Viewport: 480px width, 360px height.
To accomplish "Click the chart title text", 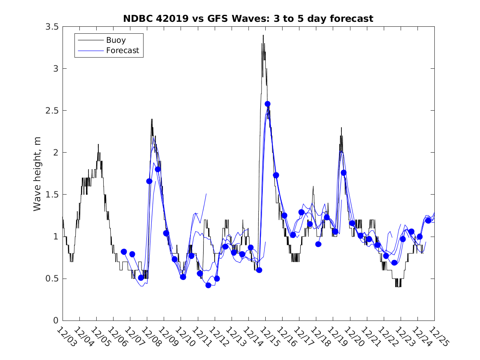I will point(248,19).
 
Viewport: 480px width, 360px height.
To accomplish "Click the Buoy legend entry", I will point(116,40).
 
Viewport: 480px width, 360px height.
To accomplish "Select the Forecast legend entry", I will point(122,51).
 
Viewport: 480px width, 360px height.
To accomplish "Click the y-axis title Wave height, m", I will point(37,173).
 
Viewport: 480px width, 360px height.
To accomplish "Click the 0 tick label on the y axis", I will point(55,321).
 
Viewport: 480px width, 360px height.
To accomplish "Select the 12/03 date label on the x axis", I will point(66,337).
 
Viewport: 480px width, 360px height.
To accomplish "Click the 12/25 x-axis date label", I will point(438,337).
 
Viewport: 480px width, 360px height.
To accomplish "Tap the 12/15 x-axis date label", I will point(269,337).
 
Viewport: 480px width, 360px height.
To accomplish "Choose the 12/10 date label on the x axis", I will point(185,337).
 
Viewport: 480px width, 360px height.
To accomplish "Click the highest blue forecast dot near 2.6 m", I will point(267,104).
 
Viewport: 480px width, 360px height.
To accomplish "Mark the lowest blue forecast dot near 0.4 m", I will point(208,285).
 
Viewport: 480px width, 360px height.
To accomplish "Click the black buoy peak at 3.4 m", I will point(263,35).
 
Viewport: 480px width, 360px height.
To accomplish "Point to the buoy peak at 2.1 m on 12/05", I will point(98,144).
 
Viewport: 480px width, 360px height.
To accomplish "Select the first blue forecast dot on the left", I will point(124,251).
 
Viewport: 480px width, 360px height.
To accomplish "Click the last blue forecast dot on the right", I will point(428,221).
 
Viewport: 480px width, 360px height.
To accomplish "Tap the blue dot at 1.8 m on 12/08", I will point(158,169).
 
